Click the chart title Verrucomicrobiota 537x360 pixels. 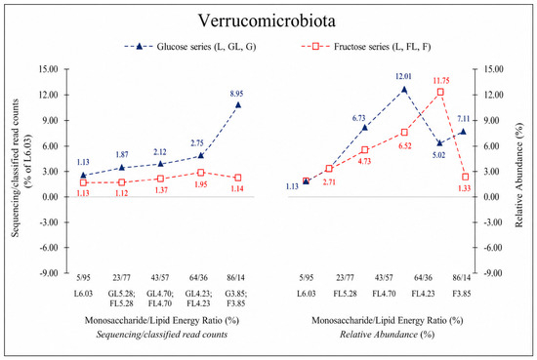(x=267, y=20)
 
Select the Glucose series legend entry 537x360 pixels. (x=190, y=47)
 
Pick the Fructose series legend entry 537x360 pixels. (x=366, y=47)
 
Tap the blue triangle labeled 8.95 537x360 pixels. (x=238, y=104)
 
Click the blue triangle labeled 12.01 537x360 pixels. (x=404, y=90)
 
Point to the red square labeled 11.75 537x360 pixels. (x=440, y=92)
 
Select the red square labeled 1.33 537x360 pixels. (x=465, y=177)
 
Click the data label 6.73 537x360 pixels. (x=358, y=118)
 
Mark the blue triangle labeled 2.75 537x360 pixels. (x=201, y=156)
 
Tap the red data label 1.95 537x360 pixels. (x=201, y=184)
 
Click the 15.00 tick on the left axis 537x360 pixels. (x=48, y=69)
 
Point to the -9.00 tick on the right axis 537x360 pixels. (x=493, y=273)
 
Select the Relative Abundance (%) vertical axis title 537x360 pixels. (x=519, y=176)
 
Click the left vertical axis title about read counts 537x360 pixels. (x=21, y=168)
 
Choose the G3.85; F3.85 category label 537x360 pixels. (x=236, y=299)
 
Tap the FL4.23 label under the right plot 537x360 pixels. (x=423, y=294)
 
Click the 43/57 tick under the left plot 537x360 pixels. (x=160, y=277)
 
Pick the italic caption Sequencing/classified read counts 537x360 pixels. (x=162, y=335)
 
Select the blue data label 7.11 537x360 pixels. (x=464, y=119)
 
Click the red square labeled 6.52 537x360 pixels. (x=404, y=133)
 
